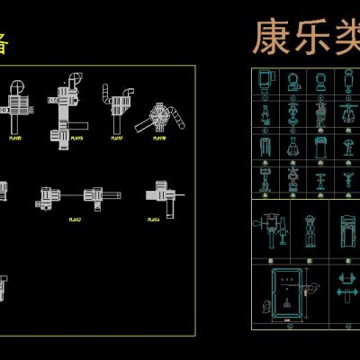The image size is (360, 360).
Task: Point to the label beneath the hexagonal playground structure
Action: (160, 139)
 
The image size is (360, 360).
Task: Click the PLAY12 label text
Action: (76, 219)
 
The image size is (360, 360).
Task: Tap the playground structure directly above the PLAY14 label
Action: (159, 191)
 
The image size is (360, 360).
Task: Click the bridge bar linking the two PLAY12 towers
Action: (73, 193)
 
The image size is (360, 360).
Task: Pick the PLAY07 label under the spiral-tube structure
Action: (116, 139)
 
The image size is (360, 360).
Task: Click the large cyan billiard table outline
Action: (287, 292)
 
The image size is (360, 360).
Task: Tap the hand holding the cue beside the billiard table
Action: (312, 288)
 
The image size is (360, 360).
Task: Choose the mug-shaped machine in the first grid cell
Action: (264, 79)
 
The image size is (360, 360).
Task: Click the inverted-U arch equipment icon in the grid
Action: (264, 145)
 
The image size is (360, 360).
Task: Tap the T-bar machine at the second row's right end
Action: (348, 114)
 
